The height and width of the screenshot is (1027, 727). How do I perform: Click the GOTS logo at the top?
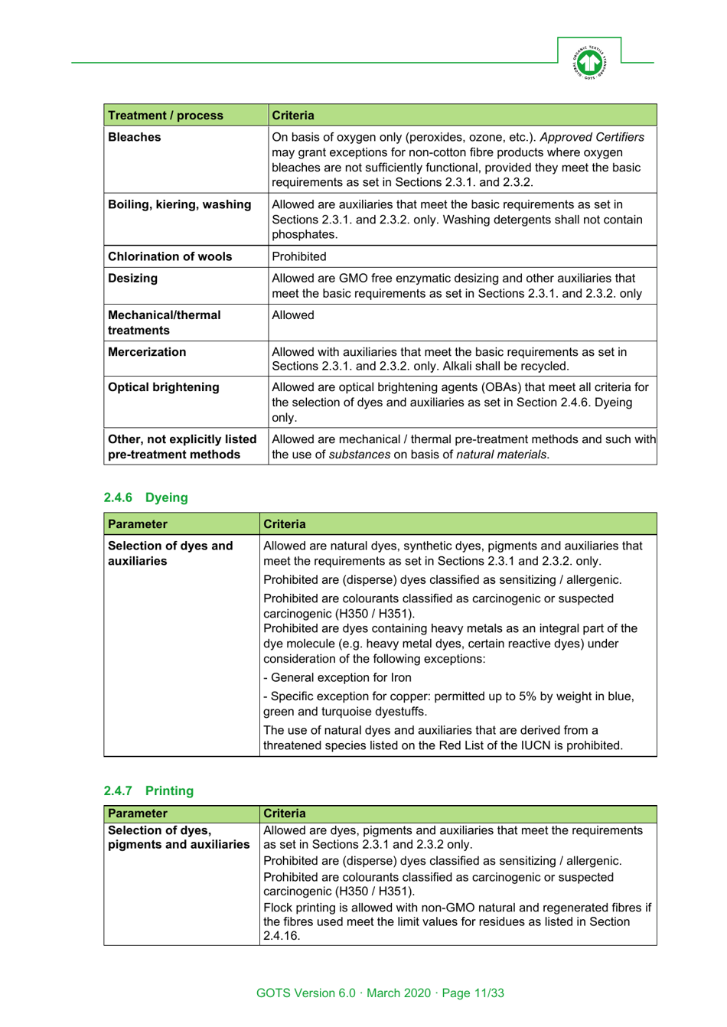pyautogui.click(x=589, y=62)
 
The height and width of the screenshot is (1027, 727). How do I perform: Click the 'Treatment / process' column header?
pyautogui.click(x=165, y=116)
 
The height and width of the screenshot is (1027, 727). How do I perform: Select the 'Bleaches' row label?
pyautogui.click(x=135, y=138)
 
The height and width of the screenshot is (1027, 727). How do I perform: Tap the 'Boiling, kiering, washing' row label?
pyautogui.click(x=179, y=205)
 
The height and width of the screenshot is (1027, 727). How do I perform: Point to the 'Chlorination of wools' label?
pyautogui.click(x=170, y=257)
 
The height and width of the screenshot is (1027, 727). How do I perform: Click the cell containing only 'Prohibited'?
pyautogui.click(x=299, y=257)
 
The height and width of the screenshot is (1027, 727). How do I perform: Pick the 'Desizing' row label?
pyautogui.click(x=133, y=279)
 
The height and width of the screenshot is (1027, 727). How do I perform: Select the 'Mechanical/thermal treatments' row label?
pyautogui.click(x=164, y=323)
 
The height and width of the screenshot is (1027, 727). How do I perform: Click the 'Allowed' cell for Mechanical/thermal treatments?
pyautogui.click(x=293, y=315)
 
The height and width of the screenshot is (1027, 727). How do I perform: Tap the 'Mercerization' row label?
pyautogui.click(x=147, y=352)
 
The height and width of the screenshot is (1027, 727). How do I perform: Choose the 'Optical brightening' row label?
pyautogui.click(x=163, y=387)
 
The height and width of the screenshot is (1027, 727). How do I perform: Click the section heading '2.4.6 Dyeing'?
pyautogui.click(x=146, y=497)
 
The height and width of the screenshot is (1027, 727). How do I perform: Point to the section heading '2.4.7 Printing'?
pyautogui.click(x=149, y=791)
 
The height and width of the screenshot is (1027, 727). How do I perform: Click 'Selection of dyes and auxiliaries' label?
pyautogui.click(x=170, y=553)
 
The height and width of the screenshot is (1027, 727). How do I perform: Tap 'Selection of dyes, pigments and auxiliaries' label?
pyautogui.click(x=178, y=837)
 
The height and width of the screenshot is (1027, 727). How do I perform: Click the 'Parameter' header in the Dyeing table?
pyautogui.click(x=138, y=524)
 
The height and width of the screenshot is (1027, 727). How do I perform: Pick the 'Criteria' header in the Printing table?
pyautogui.click(x=285, y=813)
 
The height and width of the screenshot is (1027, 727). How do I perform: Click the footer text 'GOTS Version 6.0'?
pyautogui.click(x=306, y=993)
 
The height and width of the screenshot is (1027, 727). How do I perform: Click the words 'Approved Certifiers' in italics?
pyautogui.click(x=592, y=138)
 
